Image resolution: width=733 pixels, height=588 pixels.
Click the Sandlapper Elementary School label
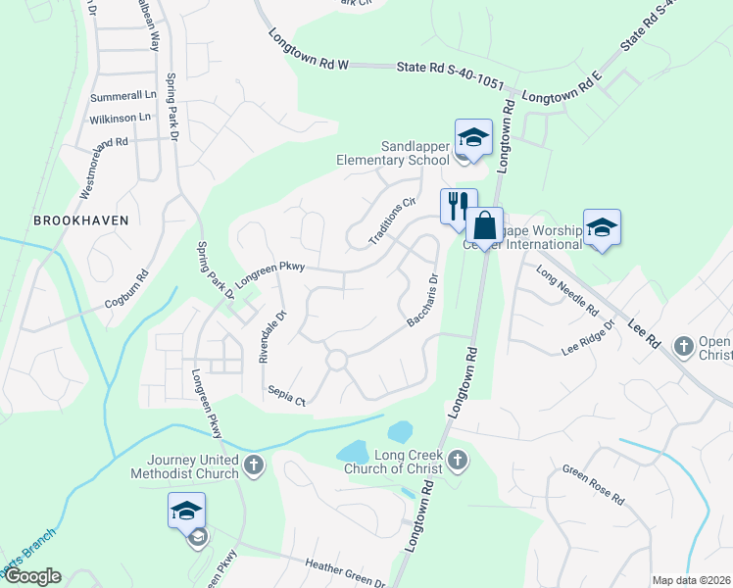point(392,153)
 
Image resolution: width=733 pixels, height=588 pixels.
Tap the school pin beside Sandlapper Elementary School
point(472,138)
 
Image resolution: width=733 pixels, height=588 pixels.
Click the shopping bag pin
point(483,226)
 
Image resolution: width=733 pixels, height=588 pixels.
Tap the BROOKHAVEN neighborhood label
point(81,220)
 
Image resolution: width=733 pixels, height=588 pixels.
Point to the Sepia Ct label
point(287,395)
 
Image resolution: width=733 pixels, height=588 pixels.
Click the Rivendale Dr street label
point(271,336)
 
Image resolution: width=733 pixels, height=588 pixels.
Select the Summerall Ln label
point(123,98)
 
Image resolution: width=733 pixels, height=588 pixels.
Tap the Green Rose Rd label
point(593,484)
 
